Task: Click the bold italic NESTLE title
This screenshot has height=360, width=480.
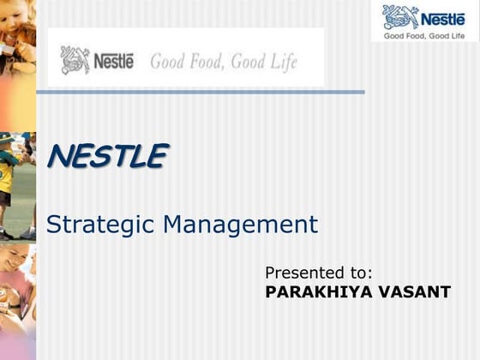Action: coord(106,156)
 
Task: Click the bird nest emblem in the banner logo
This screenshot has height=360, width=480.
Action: coord(75,60)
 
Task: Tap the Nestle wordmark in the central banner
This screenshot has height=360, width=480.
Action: coord(113,61)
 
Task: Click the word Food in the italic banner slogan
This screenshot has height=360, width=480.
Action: coord(210,62)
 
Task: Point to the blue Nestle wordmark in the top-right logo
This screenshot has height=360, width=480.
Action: coord(443,17)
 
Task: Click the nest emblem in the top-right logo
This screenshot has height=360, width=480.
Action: coord(399,17)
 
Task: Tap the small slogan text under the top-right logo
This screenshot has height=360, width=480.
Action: coord(423,36)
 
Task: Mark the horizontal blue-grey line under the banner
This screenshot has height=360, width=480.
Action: coord(206,92)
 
